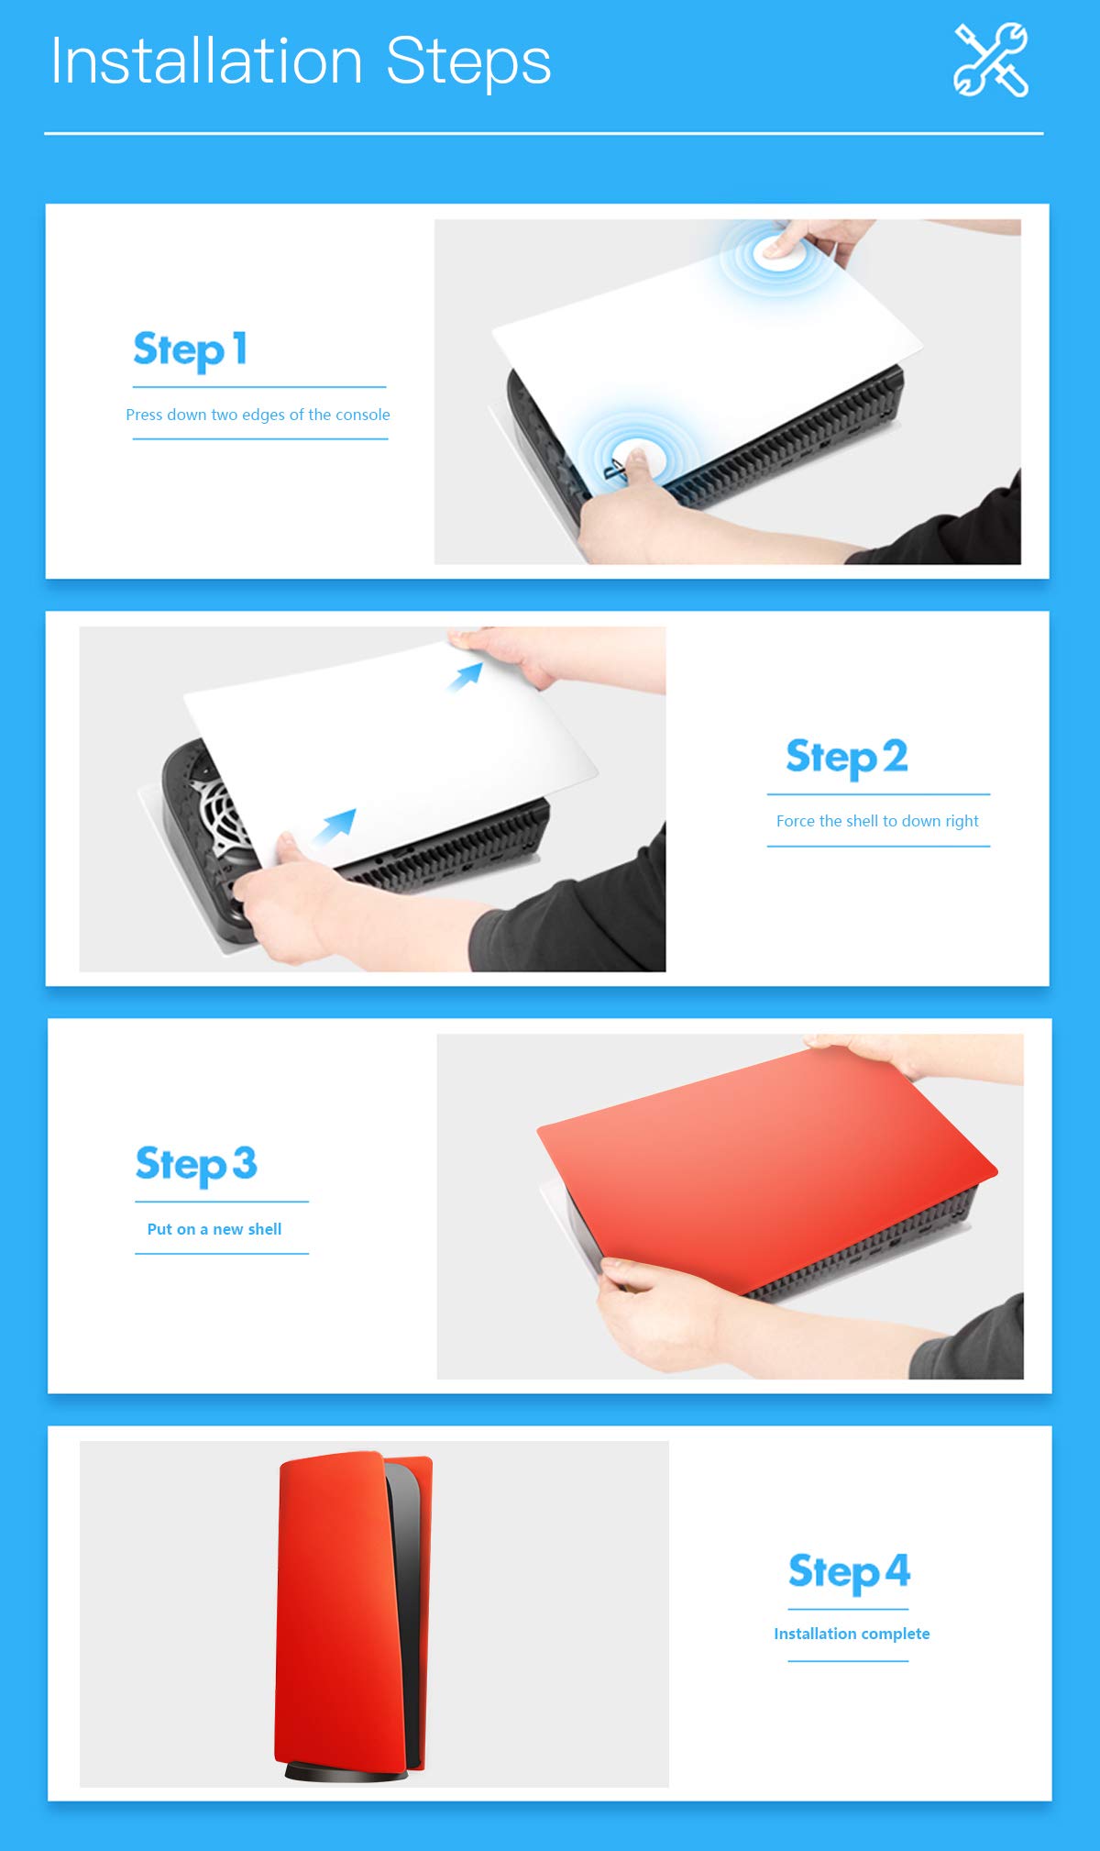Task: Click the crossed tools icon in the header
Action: pos(991,60)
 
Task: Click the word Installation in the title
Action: pos(207,61)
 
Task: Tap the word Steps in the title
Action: pos(468,62)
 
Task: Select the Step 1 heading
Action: pos(190,350)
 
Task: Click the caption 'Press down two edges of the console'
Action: pos(258,415)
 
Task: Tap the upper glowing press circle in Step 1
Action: pos(778,249)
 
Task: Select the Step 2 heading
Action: pos(847,758)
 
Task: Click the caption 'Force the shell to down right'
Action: pos(877,821)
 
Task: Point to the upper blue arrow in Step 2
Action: pos(466,677)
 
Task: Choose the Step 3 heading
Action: pos(196,1165)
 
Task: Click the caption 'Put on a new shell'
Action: pos(214,1229)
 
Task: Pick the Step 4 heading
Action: pos(849,1572)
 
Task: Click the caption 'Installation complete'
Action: pos(852,1634)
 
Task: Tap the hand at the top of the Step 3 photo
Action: pos(907,1055)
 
